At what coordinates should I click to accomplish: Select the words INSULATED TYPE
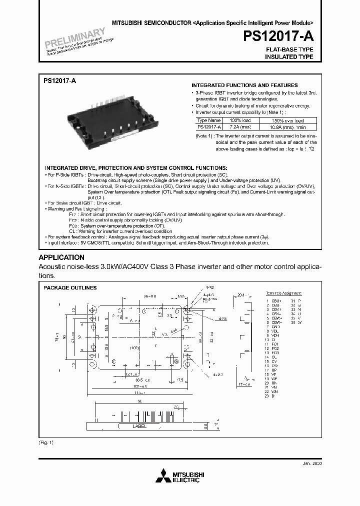pos(289,57)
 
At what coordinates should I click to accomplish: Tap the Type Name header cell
pos(208,120)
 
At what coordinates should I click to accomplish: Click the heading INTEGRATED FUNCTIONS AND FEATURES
pos(244,85)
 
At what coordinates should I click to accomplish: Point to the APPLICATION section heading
pos(61,257)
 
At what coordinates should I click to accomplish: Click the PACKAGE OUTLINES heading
pos(70,288)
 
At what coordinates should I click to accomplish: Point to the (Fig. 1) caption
pos(46,443)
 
